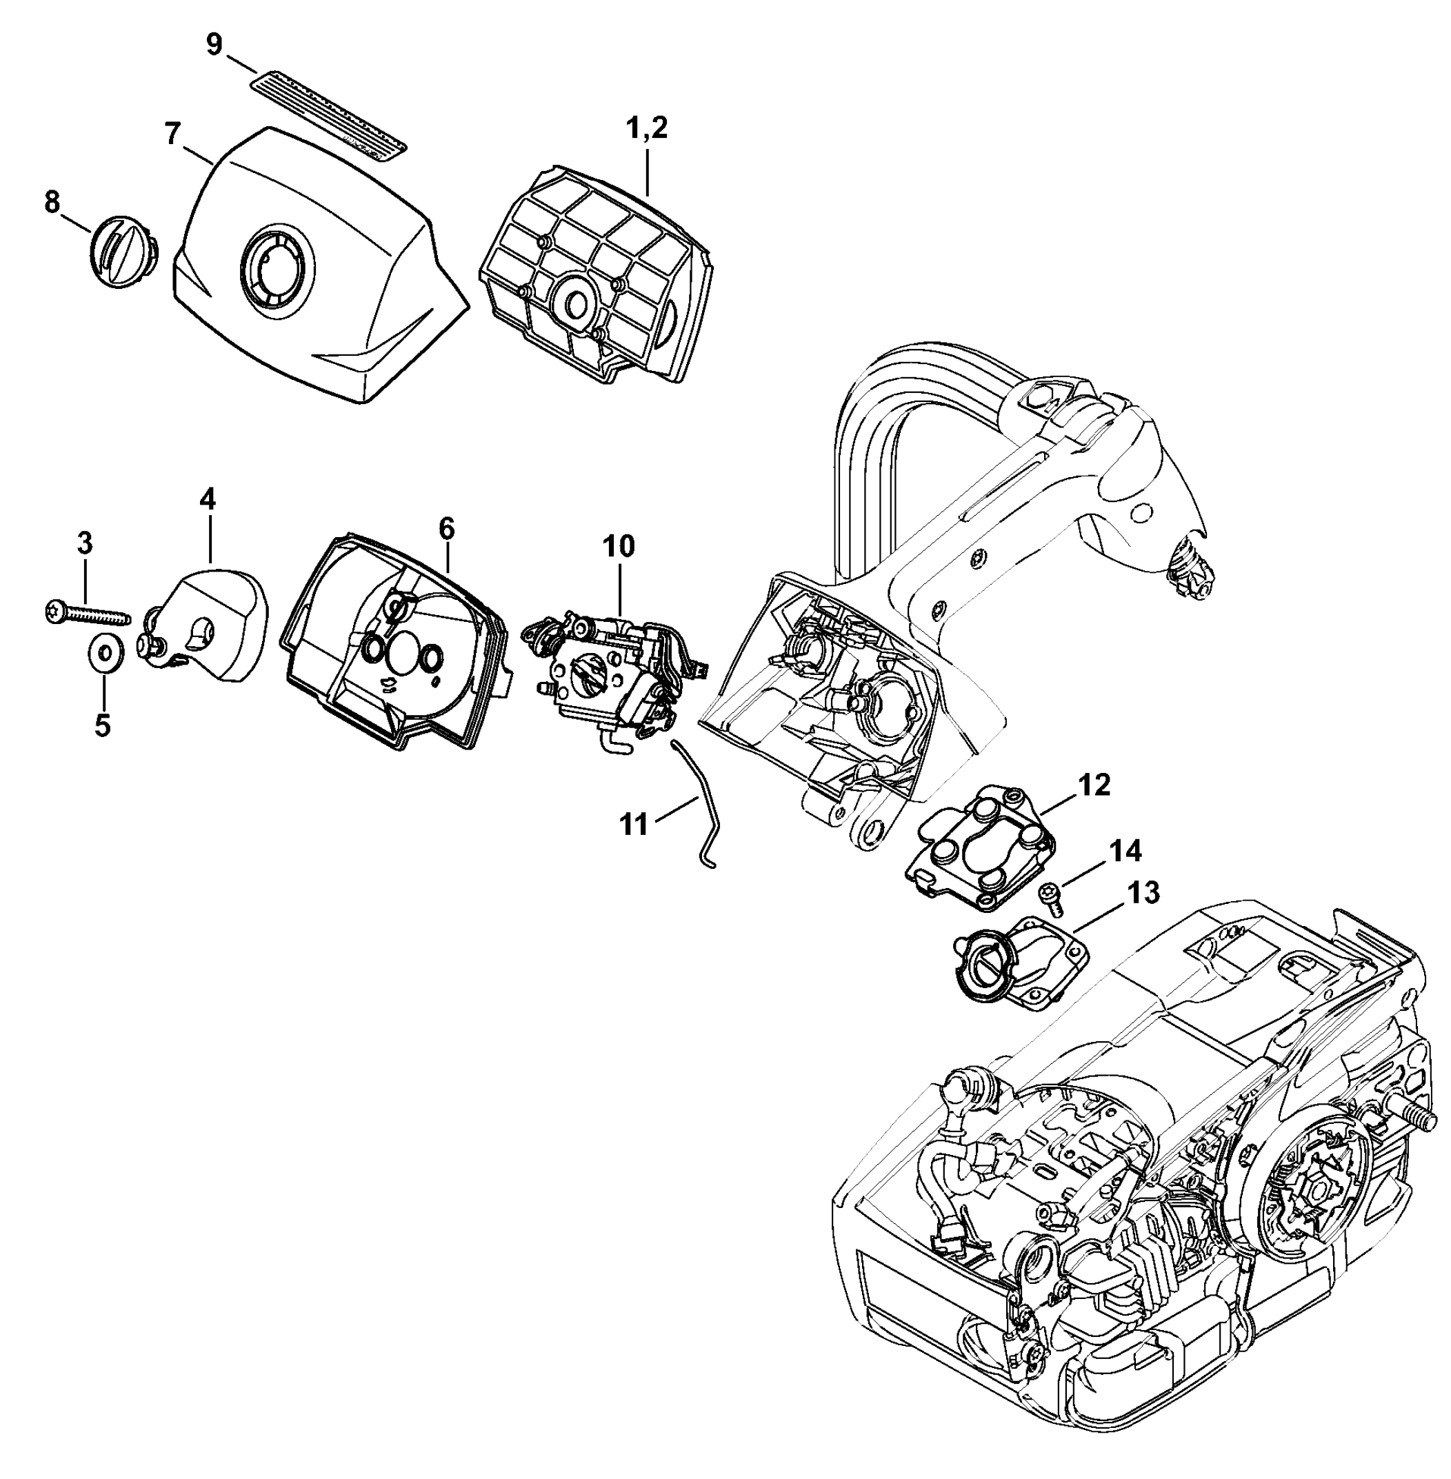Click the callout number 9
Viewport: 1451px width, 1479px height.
coord(214,45)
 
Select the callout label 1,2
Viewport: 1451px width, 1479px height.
coord(646,128)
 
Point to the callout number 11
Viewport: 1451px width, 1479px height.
coord(634,824)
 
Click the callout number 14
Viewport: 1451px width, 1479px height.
coord(1125,851)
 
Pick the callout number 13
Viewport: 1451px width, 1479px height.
coord(1143,892)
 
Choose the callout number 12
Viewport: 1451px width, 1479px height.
coord(1095,784)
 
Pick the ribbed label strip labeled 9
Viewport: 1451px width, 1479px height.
coord(329,111)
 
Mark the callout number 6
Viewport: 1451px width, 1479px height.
coord(447,527)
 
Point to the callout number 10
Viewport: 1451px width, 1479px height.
coord(618,545)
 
